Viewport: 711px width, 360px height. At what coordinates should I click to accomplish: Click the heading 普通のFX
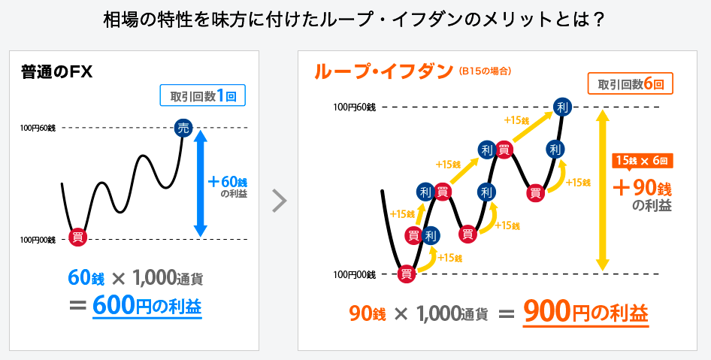pyautogui.click(x=56, y=72)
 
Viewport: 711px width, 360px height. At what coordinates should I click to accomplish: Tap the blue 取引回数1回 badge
pyautogui.click(x=203, y=95)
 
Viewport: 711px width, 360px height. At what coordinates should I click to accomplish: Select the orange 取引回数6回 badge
pyautogui.click(x=631, y=84)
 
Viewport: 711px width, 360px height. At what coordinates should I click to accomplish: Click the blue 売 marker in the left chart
pyautogui.click(x=183, y=128)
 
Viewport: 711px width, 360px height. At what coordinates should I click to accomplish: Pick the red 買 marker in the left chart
pyautogui.click(x=77, y=237)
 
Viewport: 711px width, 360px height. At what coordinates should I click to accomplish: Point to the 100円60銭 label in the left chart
pyautogui.click(x=38, y=129)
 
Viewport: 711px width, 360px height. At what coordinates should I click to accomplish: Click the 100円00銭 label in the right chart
pyautogui.click(x=355, y=274)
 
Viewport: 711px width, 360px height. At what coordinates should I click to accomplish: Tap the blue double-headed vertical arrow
pyautogui.click(x=201, y=183)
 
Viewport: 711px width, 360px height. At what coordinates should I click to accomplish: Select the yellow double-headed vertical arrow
pyautogui.click(x=602, y=190)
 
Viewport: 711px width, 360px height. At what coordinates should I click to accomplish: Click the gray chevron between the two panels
pyautogui.click(x=280, y=201)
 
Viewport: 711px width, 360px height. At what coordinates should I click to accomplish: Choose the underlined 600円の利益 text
pyautogui.click(x=147, y=305)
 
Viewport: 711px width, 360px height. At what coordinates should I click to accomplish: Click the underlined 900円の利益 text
pyautogui.click(x=585, y=312)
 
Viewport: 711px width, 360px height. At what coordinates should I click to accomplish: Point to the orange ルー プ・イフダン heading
pyautogui.click(x=383, y=71)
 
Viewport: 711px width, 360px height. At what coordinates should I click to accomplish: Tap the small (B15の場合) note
pyautogui.click(x=485, y=71)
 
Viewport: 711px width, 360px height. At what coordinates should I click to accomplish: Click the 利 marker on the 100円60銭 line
pyautogui.click(x=563, y=107)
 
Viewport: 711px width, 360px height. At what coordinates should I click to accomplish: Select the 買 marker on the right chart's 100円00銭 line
pyautogui.click(x=407, y=274)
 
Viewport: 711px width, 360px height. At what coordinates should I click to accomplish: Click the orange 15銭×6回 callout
pyautogui.click(x=643, y=161)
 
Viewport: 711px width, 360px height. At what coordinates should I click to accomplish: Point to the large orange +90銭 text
pyautogui.click(x=642, y=188)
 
